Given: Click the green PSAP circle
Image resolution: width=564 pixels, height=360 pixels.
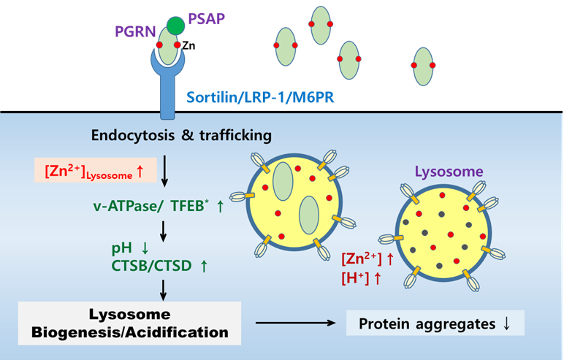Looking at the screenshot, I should tap(175, 26).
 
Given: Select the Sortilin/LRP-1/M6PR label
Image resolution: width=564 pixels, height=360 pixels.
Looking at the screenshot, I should tap(260, 96).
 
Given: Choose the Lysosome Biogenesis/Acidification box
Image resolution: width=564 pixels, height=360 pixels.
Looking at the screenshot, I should tap(123, 323).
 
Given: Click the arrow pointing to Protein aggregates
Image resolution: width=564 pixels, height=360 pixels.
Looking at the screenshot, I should tap(291, 322).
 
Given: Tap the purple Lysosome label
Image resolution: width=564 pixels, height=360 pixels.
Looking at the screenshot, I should tap(449, 172).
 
